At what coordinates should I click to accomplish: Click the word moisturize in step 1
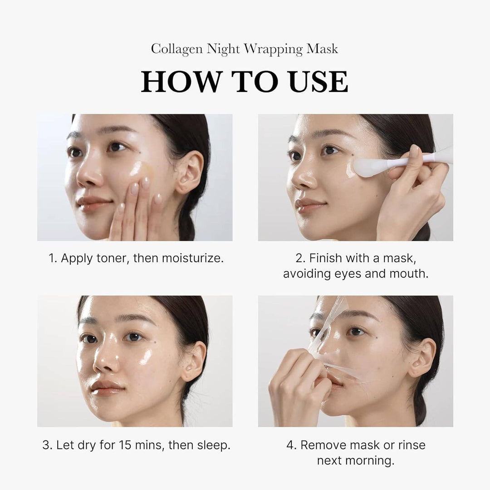tap(190, 259)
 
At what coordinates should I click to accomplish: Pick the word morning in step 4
tap(371, 461)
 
